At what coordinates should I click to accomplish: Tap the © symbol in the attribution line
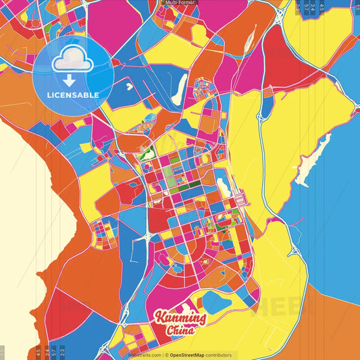click(166, 355)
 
